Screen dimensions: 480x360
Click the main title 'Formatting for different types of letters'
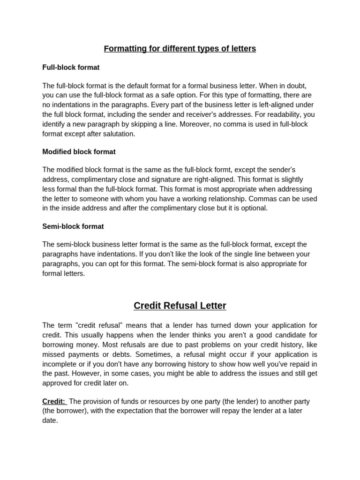tap(180, 49)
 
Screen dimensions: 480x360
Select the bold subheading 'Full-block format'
tap(71, 67)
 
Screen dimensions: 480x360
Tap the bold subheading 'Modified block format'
tap(79, 152)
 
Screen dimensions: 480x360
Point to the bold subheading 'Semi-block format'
tap(73, 226)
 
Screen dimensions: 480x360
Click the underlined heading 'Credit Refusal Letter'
tap(180, 306)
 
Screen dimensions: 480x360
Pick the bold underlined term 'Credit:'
tap(54, 401)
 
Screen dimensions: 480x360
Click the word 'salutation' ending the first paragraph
tap(118, 134)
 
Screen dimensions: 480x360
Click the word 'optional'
tap(253, 208)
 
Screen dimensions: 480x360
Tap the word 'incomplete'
tap(59, 364)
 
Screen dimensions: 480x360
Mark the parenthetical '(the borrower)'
tap(65, 411)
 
